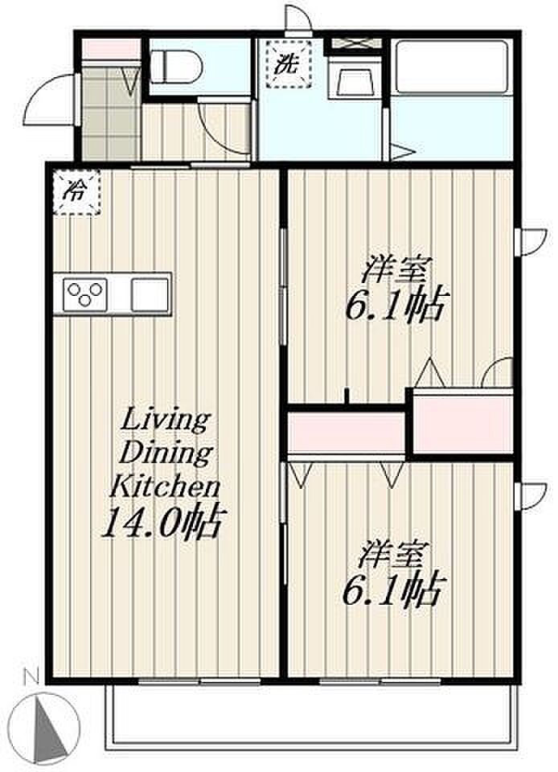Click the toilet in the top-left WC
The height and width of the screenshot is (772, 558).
[x=174, y=67]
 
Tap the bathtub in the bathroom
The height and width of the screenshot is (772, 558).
[x=452, y=67]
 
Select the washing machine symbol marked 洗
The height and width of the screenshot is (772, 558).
[x=289, y=64]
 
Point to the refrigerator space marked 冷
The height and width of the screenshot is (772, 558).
[x=76, y=192]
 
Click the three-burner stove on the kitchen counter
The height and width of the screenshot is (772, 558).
[x=85, y=294]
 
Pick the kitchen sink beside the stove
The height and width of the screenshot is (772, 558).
[x=150, y=294]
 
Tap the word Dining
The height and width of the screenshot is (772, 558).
[x=166, y=453]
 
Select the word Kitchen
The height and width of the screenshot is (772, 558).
[x=164, y=486]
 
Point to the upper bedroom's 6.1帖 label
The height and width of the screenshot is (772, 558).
[x=397, y=306]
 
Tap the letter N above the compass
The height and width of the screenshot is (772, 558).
[x=31, y=678]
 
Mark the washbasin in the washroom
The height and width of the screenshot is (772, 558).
[x=353, y=80]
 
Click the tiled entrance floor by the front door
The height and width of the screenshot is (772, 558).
[x=109, y=113]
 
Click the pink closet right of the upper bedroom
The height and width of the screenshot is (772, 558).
[x=462, y=423]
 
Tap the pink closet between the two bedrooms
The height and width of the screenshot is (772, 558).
[x=346, y=433]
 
